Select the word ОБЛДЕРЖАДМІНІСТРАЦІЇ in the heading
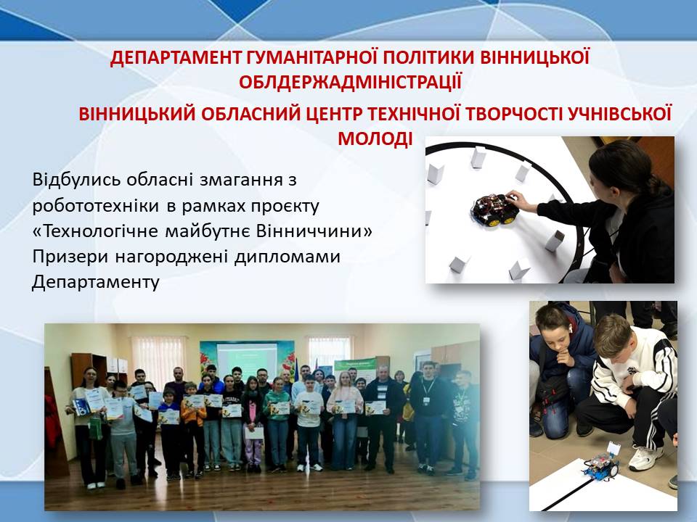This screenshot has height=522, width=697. pos(350,82)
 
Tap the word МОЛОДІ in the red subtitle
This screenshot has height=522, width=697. pos(375,138)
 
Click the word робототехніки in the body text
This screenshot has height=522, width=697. pos(96,205)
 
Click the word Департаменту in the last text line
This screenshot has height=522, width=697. pos(96,282)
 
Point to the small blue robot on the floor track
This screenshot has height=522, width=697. pos(602,463)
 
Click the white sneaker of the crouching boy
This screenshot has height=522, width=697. pos(645,458)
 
